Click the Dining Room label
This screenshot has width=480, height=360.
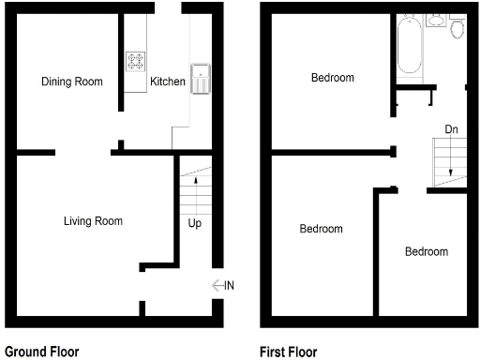click(x=71, y=82)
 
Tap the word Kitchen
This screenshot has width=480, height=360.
click(x=168, y=82)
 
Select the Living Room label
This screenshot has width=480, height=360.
click(x=93, y=221)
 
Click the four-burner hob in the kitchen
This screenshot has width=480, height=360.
click(x=136, y=62)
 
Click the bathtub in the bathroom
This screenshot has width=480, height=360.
click(x=409, y=47)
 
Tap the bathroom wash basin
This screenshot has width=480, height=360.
click(x=436, y=20)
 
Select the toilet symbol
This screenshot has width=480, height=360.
click(x=457, y=28)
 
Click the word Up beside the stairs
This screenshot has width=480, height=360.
click(x=194, y=223)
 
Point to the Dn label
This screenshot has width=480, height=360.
click(x=452, y=128)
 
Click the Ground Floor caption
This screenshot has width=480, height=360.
click(x=42, y=352)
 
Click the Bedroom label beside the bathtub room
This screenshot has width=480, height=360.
click(x=333, y=78)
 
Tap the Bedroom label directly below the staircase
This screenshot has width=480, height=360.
click(x=427, y=251)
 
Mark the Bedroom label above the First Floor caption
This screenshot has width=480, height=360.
click(x=321, y=229)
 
